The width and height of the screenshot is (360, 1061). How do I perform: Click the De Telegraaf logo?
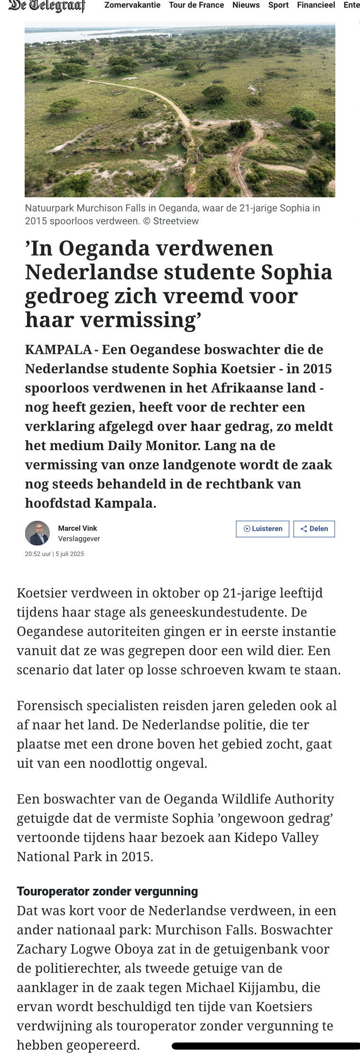point(46,6)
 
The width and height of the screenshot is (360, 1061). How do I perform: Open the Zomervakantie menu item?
point(132,5)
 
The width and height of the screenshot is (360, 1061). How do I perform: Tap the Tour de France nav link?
point(196,5)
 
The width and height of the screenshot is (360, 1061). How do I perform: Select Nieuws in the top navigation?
point(246,5)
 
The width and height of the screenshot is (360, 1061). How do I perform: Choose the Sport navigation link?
point(278,5)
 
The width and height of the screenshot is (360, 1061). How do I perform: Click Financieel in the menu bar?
point(316,5)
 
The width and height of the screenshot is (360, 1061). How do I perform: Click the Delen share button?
point(314,529)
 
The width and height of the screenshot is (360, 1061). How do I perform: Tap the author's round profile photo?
point(37,533)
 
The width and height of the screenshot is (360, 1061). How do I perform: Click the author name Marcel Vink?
point(77,528)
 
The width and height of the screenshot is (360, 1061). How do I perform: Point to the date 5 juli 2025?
point(70,554)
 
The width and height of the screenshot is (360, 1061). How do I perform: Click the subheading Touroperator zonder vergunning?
point(107,891)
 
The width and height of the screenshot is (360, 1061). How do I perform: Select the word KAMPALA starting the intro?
point(58,350)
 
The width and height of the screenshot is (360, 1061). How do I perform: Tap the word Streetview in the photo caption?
point(176,221)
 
